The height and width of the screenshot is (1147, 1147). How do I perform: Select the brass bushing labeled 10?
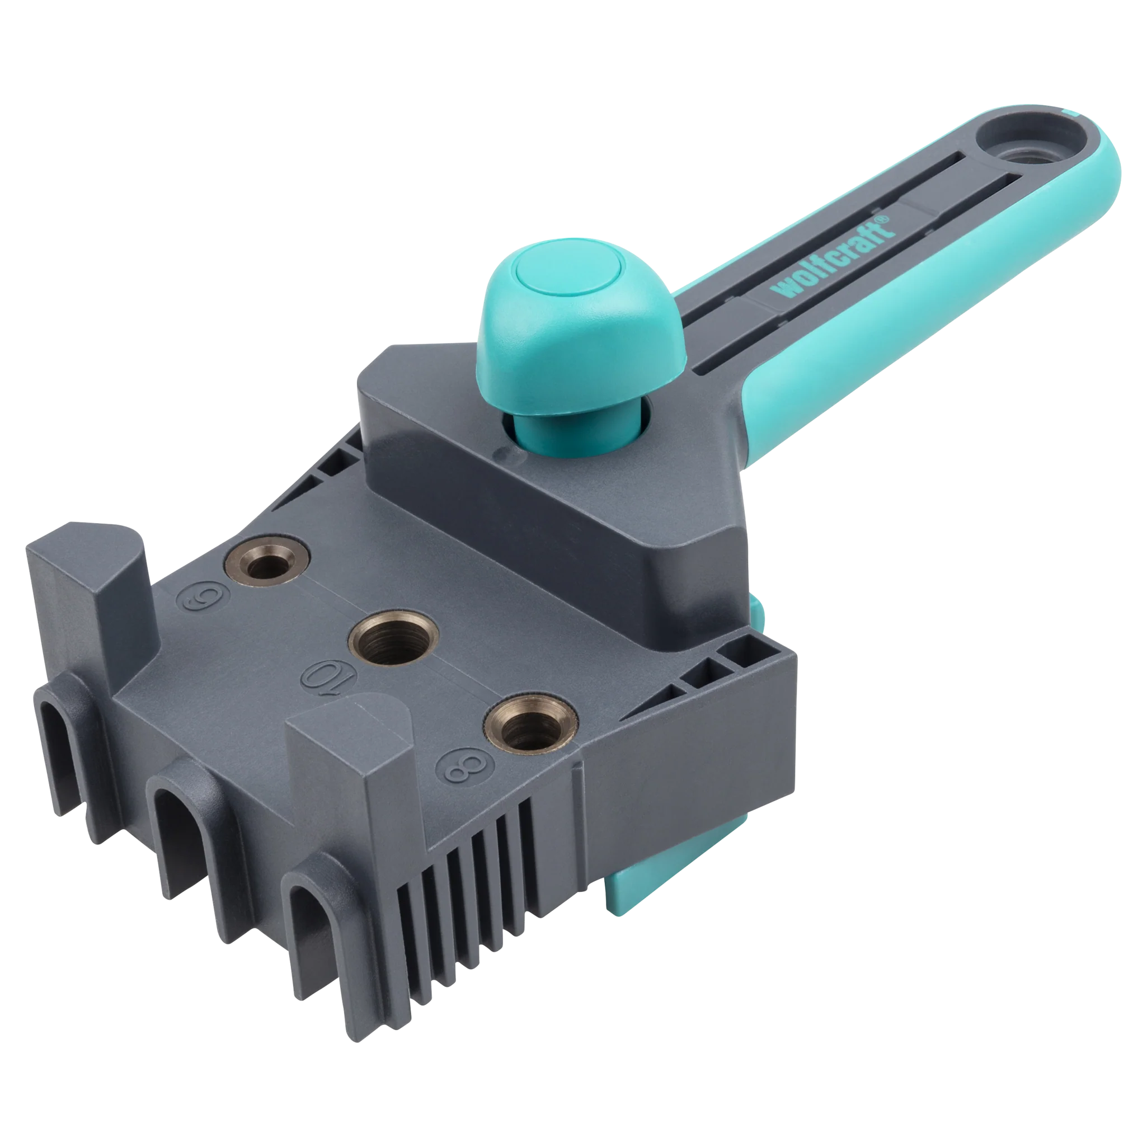(x=393, y=638)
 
